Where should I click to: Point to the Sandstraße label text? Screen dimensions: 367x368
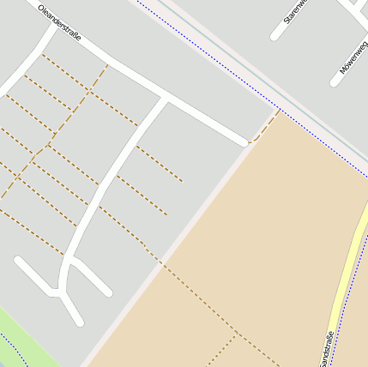point(325,347)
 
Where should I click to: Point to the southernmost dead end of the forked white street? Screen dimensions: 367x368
point(79,322)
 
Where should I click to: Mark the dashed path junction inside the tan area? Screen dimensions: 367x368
point(236,336)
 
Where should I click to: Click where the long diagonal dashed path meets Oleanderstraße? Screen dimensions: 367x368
point(106,66)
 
